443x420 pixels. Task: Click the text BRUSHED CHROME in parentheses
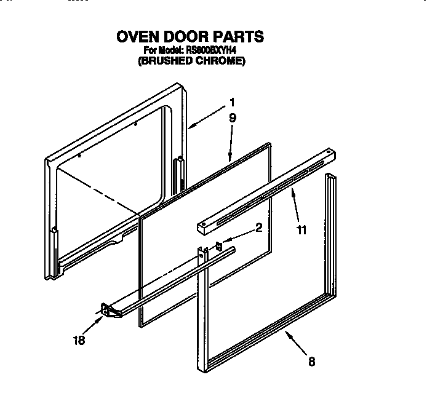(x=191, y=61)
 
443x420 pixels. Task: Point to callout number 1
(x=232, y=102)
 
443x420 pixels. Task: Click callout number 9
(x=233, y=118)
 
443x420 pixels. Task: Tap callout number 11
(x=301, y=231)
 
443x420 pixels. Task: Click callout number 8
(x=311, y=362)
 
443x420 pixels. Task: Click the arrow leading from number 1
(x=206, y=117)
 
